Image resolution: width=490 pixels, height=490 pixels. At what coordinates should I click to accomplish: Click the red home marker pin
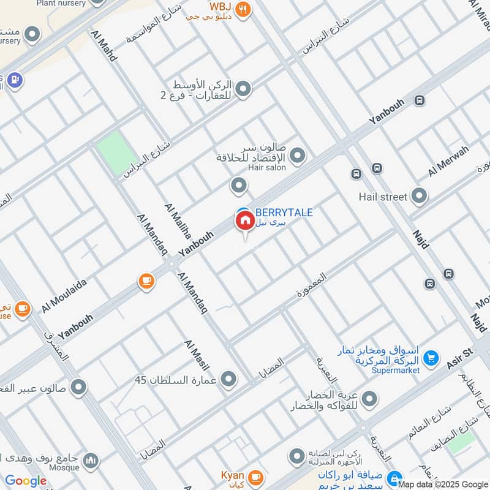click(x=244, y=220)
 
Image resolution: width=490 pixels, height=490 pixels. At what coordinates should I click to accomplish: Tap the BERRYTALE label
click(x=283, y=213)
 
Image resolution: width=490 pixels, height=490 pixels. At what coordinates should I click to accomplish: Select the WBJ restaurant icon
click(x=243, y=10)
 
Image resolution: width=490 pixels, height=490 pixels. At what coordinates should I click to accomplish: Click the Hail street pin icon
click(x=420, y=197)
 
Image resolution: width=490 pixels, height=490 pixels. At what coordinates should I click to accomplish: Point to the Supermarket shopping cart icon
click(x=431, y=357)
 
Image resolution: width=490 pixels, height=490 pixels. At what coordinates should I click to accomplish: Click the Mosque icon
click(x=91, y=460)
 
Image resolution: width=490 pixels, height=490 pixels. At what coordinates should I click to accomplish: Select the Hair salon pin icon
click(x=298, y=156)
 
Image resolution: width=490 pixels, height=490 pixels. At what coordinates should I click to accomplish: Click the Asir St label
click(x=461, y=358)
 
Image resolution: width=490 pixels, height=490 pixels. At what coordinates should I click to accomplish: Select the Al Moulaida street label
click(x=64, y=294)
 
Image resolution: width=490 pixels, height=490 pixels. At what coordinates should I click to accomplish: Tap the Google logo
click(x=26, y=481)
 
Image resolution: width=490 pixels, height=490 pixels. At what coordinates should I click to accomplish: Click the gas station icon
click(x=15, y=79)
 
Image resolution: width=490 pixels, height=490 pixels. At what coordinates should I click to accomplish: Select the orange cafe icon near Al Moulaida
click(x=146, y=281)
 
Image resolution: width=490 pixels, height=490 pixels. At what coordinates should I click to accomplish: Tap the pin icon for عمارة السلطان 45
click(x=228, y=380)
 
